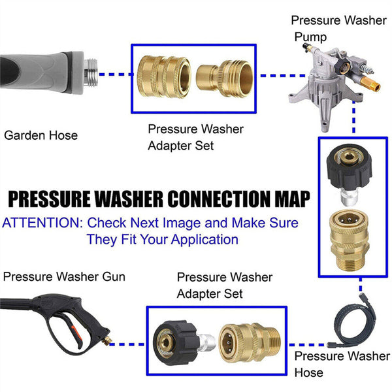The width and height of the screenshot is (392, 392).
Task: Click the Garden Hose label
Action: pyautogui.click(x=41, y=136)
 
